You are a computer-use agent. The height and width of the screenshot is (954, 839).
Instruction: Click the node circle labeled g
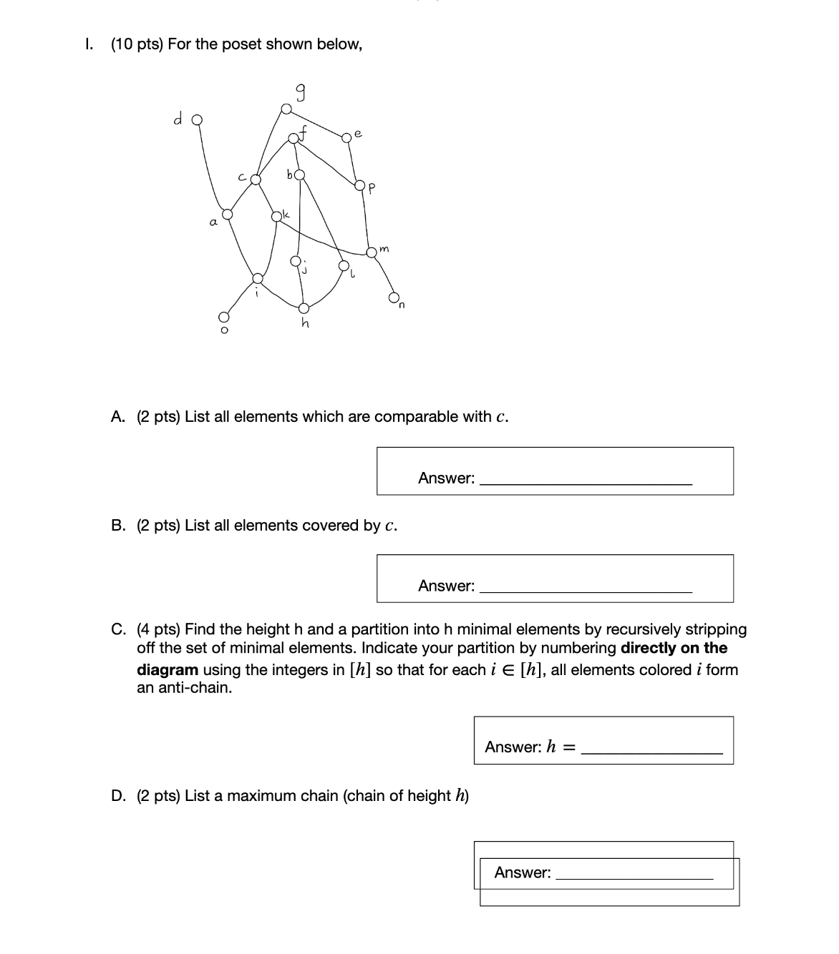[286, 109]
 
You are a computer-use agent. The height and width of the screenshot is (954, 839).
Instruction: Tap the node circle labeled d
[197, 120]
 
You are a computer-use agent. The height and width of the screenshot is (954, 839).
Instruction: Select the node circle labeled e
[348, 137]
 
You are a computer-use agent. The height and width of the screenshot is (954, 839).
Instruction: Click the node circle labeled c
[255, 180]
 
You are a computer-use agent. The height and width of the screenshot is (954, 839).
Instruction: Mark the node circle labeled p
[360, 186]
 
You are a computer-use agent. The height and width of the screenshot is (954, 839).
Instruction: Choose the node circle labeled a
[227, 214]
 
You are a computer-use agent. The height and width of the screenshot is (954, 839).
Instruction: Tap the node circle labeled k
[277, 215]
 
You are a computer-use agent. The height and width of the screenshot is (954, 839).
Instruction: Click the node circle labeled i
[258, 277]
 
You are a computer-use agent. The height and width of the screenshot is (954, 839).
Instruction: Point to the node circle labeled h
[304, 308]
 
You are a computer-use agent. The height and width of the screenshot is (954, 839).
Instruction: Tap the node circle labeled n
[394, 297]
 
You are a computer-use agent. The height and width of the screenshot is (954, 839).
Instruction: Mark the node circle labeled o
[223, 317]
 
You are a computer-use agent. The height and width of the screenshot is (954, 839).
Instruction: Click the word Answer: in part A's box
[446, 478]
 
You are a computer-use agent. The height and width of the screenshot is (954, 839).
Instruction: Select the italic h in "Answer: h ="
[551, 747]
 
